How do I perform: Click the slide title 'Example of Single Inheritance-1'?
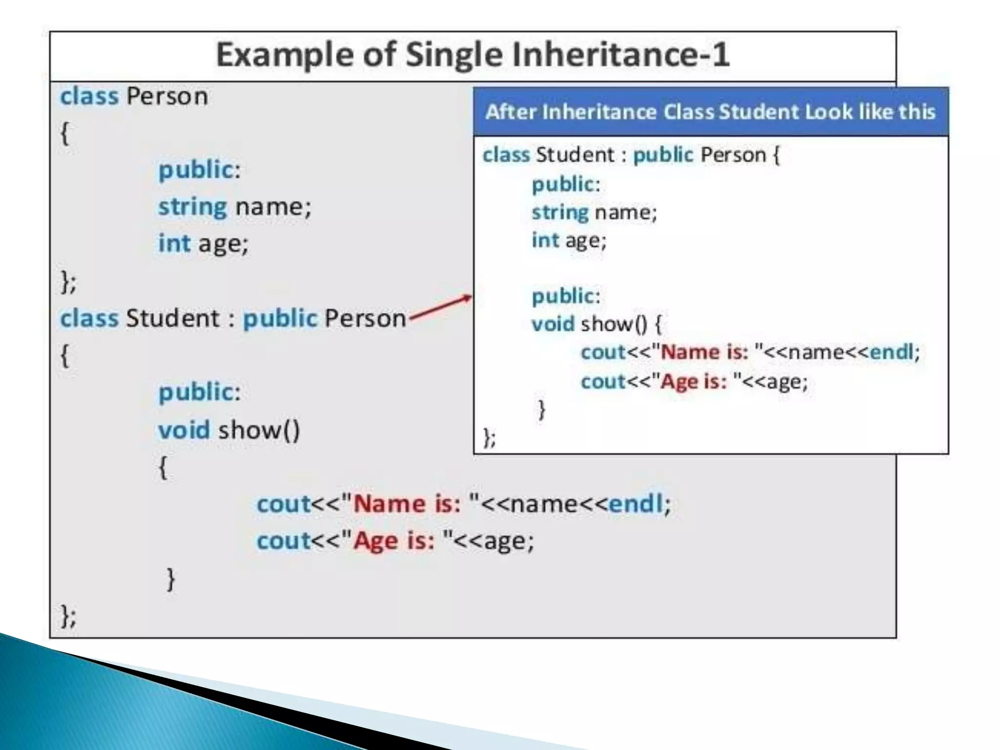[x=473, y=55]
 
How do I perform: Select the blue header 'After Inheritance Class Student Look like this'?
[x=710, y=112]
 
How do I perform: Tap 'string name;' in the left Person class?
[x=234, y=207]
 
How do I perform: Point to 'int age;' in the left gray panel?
[x=203, y=243]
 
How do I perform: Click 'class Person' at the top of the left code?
[x=134, y=96]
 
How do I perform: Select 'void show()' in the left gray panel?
[x=229, y=430]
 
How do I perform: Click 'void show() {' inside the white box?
[x=596, y=324]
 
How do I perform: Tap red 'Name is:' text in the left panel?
[x=407, y=504]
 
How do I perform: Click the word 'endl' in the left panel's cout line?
[x=636, y=504]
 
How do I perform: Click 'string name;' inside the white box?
[x=594, y=212]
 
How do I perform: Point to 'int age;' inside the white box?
[x=569, y=240]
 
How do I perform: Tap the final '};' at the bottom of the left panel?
[x=68, y=616]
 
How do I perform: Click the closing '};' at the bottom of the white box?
[x=489, y=437]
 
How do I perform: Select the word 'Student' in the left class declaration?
[x=173, y=318]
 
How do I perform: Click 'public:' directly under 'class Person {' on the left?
[x=199, y=170]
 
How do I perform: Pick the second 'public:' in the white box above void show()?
[x=566, y=296]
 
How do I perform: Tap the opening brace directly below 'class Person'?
[x=64, y=133]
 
